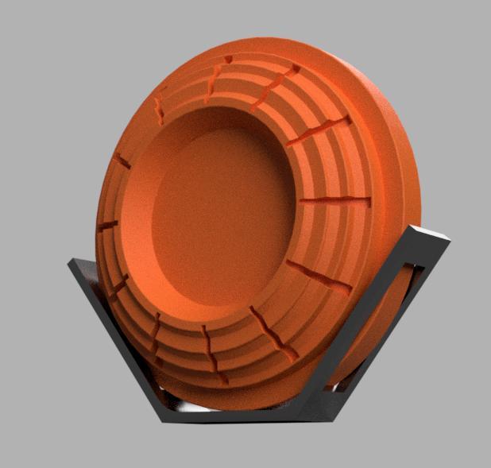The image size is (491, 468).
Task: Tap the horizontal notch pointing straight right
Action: tap(335, 201)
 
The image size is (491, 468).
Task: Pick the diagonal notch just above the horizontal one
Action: tap(319, 132)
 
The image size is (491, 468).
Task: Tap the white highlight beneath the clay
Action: tap(199, 406)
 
